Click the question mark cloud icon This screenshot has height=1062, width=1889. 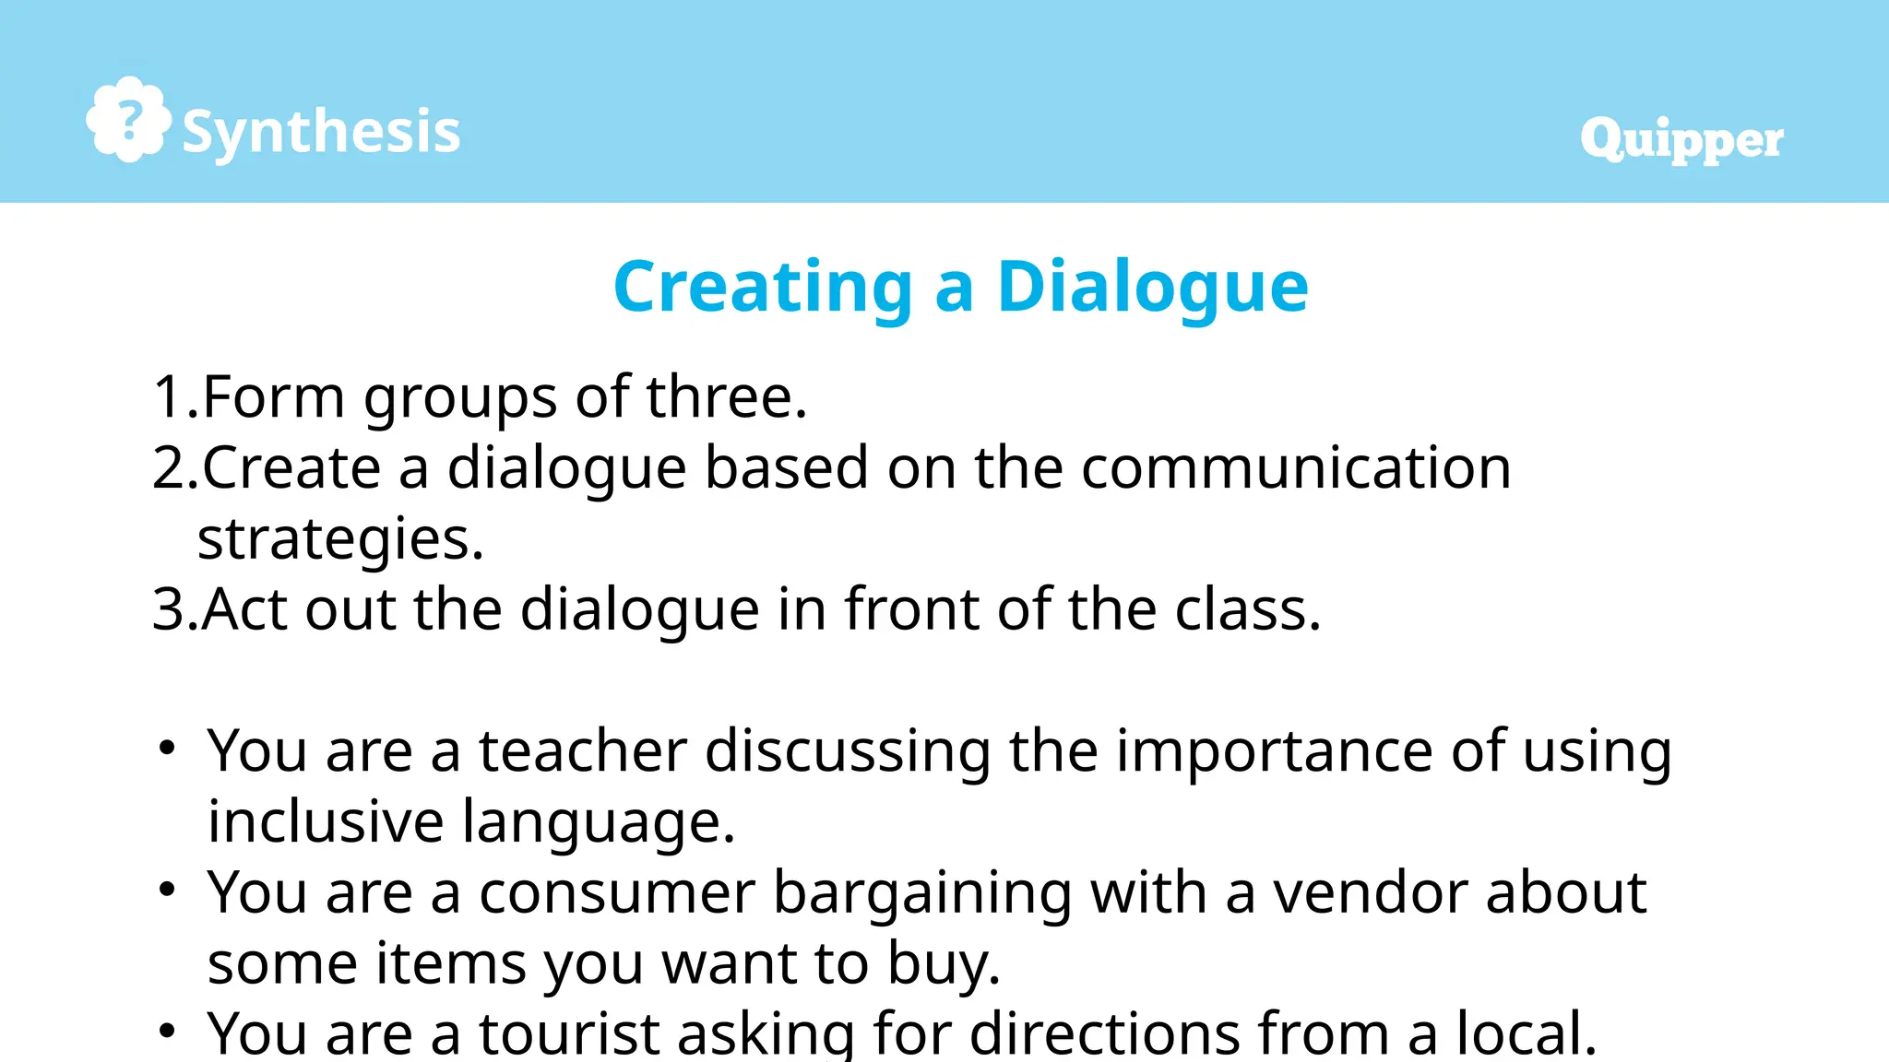coord(128,120)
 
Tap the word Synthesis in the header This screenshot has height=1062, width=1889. coord(321,132)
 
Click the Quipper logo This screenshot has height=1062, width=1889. coord(1681,140)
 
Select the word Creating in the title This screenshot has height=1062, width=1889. coord(763,288)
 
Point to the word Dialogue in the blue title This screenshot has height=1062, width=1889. coord(1152,288)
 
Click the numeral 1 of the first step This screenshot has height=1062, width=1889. coord(169,397)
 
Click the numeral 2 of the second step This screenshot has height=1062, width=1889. coord(170,468)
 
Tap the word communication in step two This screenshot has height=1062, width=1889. coord(1296,468)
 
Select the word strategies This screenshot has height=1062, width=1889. coord(339,539)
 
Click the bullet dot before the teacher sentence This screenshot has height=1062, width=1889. coord(167,749)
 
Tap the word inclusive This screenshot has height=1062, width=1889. coord(326,821)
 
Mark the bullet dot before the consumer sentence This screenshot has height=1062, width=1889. coord(167,890)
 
